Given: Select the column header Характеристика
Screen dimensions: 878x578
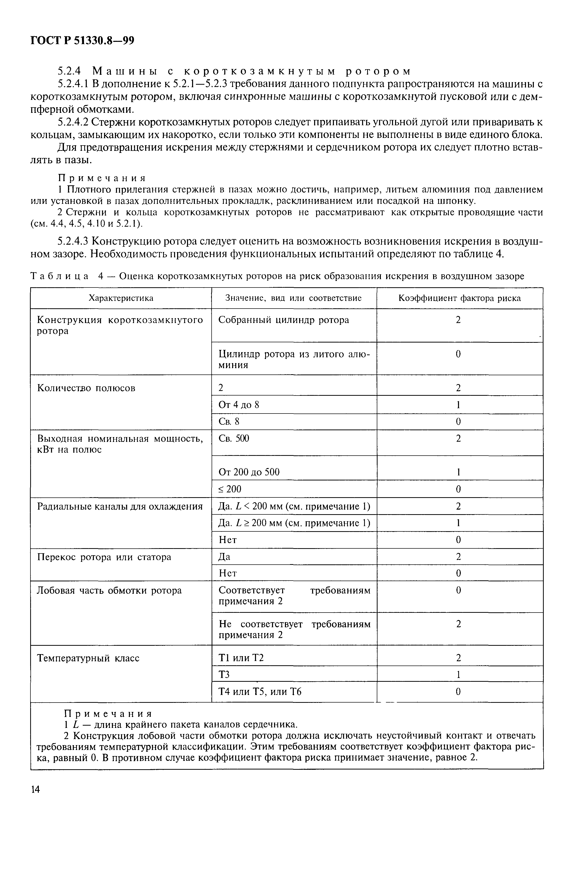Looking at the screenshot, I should (121, 298).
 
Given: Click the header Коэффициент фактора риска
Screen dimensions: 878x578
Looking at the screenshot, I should (460, 298).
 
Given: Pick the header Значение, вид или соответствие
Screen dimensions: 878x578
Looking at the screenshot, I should (293, 298).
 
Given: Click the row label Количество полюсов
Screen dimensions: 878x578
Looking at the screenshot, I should (86, 388).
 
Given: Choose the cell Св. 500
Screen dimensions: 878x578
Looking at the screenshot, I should (234, 438).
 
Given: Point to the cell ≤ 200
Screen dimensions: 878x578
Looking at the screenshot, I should (230, 489).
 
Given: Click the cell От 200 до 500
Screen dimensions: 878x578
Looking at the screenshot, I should (249, 472).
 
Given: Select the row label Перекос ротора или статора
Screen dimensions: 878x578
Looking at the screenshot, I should (104, 557).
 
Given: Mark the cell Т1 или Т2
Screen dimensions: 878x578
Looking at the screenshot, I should (241, 658).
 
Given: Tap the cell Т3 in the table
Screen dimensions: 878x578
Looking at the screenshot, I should (224, 675).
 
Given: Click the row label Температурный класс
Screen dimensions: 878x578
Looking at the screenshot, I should (88, 658).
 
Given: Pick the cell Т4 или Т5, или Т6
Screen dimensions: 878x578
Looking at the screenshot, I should (260, 692).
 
